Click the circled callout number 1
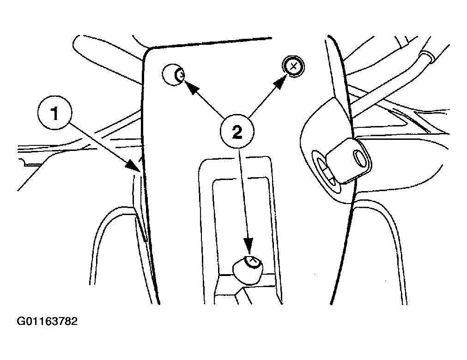tap(55, 113)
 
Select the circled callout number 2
tap(237, 133)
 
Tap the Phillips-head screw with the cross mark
tap(293, 67)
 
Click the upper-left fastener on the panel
tap(174, 75)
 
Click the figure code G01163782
tap(48, 321)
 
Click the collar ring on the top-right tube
tap(425, 58)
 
